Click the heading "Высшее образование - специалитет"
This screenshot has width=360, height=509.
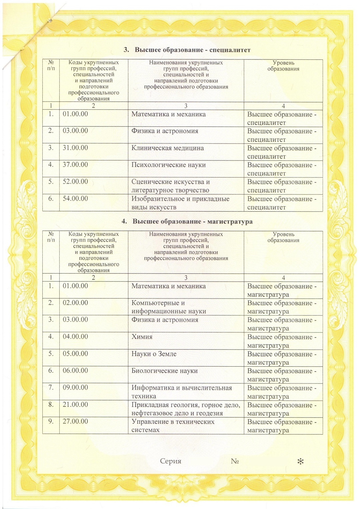(x=187, y=50)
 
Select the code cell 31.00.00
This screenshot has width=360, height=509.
(x=75, y=148)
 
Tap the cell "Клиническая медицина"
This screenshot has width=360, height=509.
(x=167, y=148)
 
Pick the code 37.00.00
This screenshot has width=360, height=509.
(x=75, y=165)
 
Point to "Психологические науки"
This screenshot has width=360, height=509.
(x=168, y=165)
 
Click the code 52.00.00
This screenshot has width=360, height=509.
(x=75, y=182)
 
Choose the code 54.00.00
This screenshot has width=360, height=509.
(x=75, y=199)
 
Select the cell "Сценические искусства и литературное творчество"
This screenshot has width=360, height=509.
(x=170, y=186)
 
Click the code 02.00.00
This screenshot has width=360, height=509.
(x=75, y=303)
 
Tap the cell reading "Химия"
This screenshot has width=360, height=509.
(x=142, y=337)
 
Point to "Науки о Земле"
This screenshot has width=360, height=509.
(x=154, y=354)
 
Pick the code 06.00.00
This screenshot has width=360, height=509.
(x=75, y=371)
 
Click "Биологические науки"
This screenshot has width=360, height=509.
(x=164, y=371)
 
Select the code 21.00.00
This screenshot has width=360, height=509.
(x=75, y=405)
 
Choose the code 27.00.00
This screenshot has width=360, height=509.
(x=75, y=422)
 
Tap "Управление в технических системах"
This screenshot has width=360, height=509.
(x=173, y=426)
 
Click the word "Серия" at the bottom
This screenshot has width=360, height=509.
(x=171, y=461)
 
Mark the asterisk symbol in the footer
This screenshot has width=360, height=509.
(x=300, y=462)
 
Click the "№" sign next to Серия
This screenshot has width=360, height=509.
(x=235, y=461)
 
